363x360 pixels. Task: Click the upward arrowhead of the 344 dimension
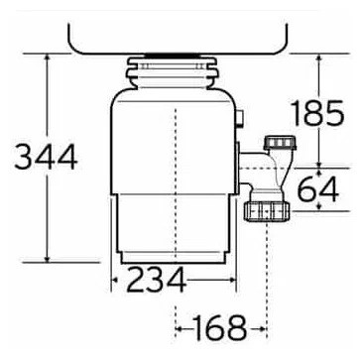[47, 59]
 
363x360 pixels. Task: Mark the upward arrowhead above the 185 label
[319, 59]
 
